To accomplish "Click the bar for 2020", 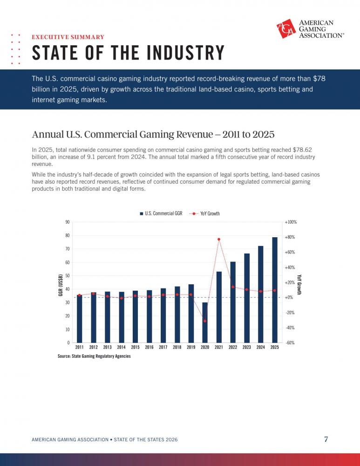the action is tap(205, 322).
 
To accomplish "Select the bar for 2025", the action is tap(275, 290).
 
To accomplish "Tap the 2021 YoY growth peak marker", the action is tap(219, 239).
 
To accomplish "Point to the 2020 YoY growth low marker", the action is tap(205, 321).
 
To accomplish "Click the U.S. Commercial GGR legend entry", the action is tap(161, 213).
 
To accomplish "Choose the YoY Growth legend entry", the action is tap(204, 213).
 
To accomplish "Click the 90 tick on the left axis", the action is tap(68, 222).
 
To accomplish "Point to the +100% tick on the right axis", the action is tap(291, 222).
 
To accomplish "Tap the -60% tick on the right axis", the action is tap(290, 343).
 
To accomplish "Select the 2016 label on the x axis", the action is tap(149, 347).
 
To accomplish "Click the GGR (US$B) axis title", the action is tap(61, 285).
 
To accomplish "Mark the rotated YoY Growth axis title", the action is tap(299, 284).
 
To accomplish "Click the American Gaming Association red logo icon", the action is tap(286, 28).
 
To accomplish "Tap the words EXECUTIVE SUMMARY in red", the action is tap(68, 37).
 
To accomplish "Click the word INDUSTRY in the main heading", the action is tap(185, 53).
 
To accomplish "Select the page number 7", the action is tap(326, 439).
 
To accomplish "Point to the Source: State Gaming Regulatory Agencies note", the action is tap(94, 356).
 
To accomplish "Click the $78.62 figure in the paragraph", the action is tap(302, 150).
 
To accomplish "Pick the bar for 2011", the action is tap(79, 319).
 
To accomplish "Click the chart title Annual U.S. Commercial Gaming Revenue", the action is tap(122, 134).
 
